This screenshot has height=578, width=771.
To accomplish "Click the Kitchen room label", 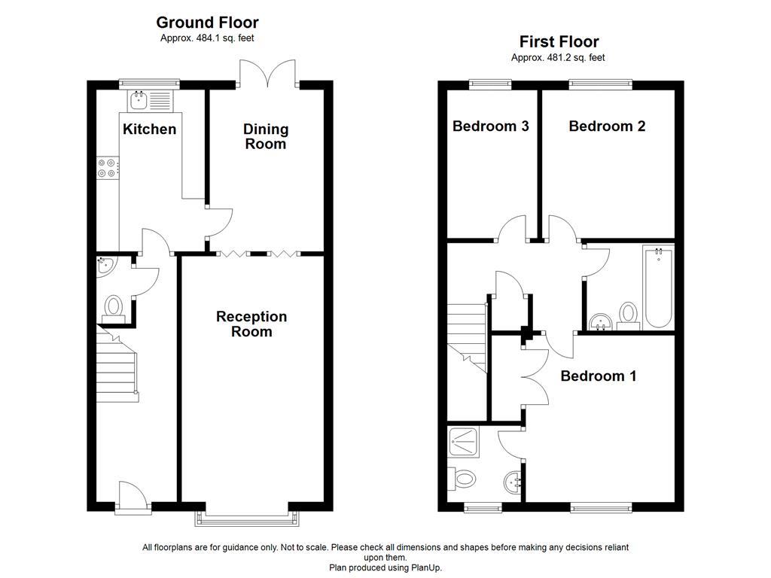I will (x=149, y=129).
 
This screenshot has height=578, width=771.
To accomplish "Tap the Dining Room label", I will (x=265, y=136).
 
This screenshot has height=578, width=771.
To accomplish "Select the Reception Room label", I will (x=251, y=324).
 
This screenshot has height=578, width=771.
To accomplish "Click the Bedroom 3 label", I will (x=490, y=126).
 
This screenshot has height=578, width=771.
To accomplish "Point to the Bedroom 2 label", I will (x=607, y=126).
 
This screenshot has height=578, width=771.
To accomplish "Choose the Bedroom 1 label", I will (x=599, y=376).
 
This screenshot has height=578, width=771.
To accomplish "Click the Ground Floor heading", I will (x=207, y=23).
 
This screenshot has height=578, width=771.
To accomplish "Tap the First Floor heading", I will (x=559, y=41).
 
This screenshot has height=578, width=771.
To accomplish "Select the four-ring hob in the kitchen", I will (x=107, y=167).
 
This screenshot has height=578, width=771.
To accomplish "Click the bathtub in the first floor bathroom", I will (x=659, y=287).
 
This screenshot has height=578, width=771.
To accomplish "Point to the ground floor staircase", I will (x=117, y=365).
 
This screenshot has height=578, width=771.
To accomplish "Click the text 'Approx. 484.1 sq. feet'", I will (x=207, y=38).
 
